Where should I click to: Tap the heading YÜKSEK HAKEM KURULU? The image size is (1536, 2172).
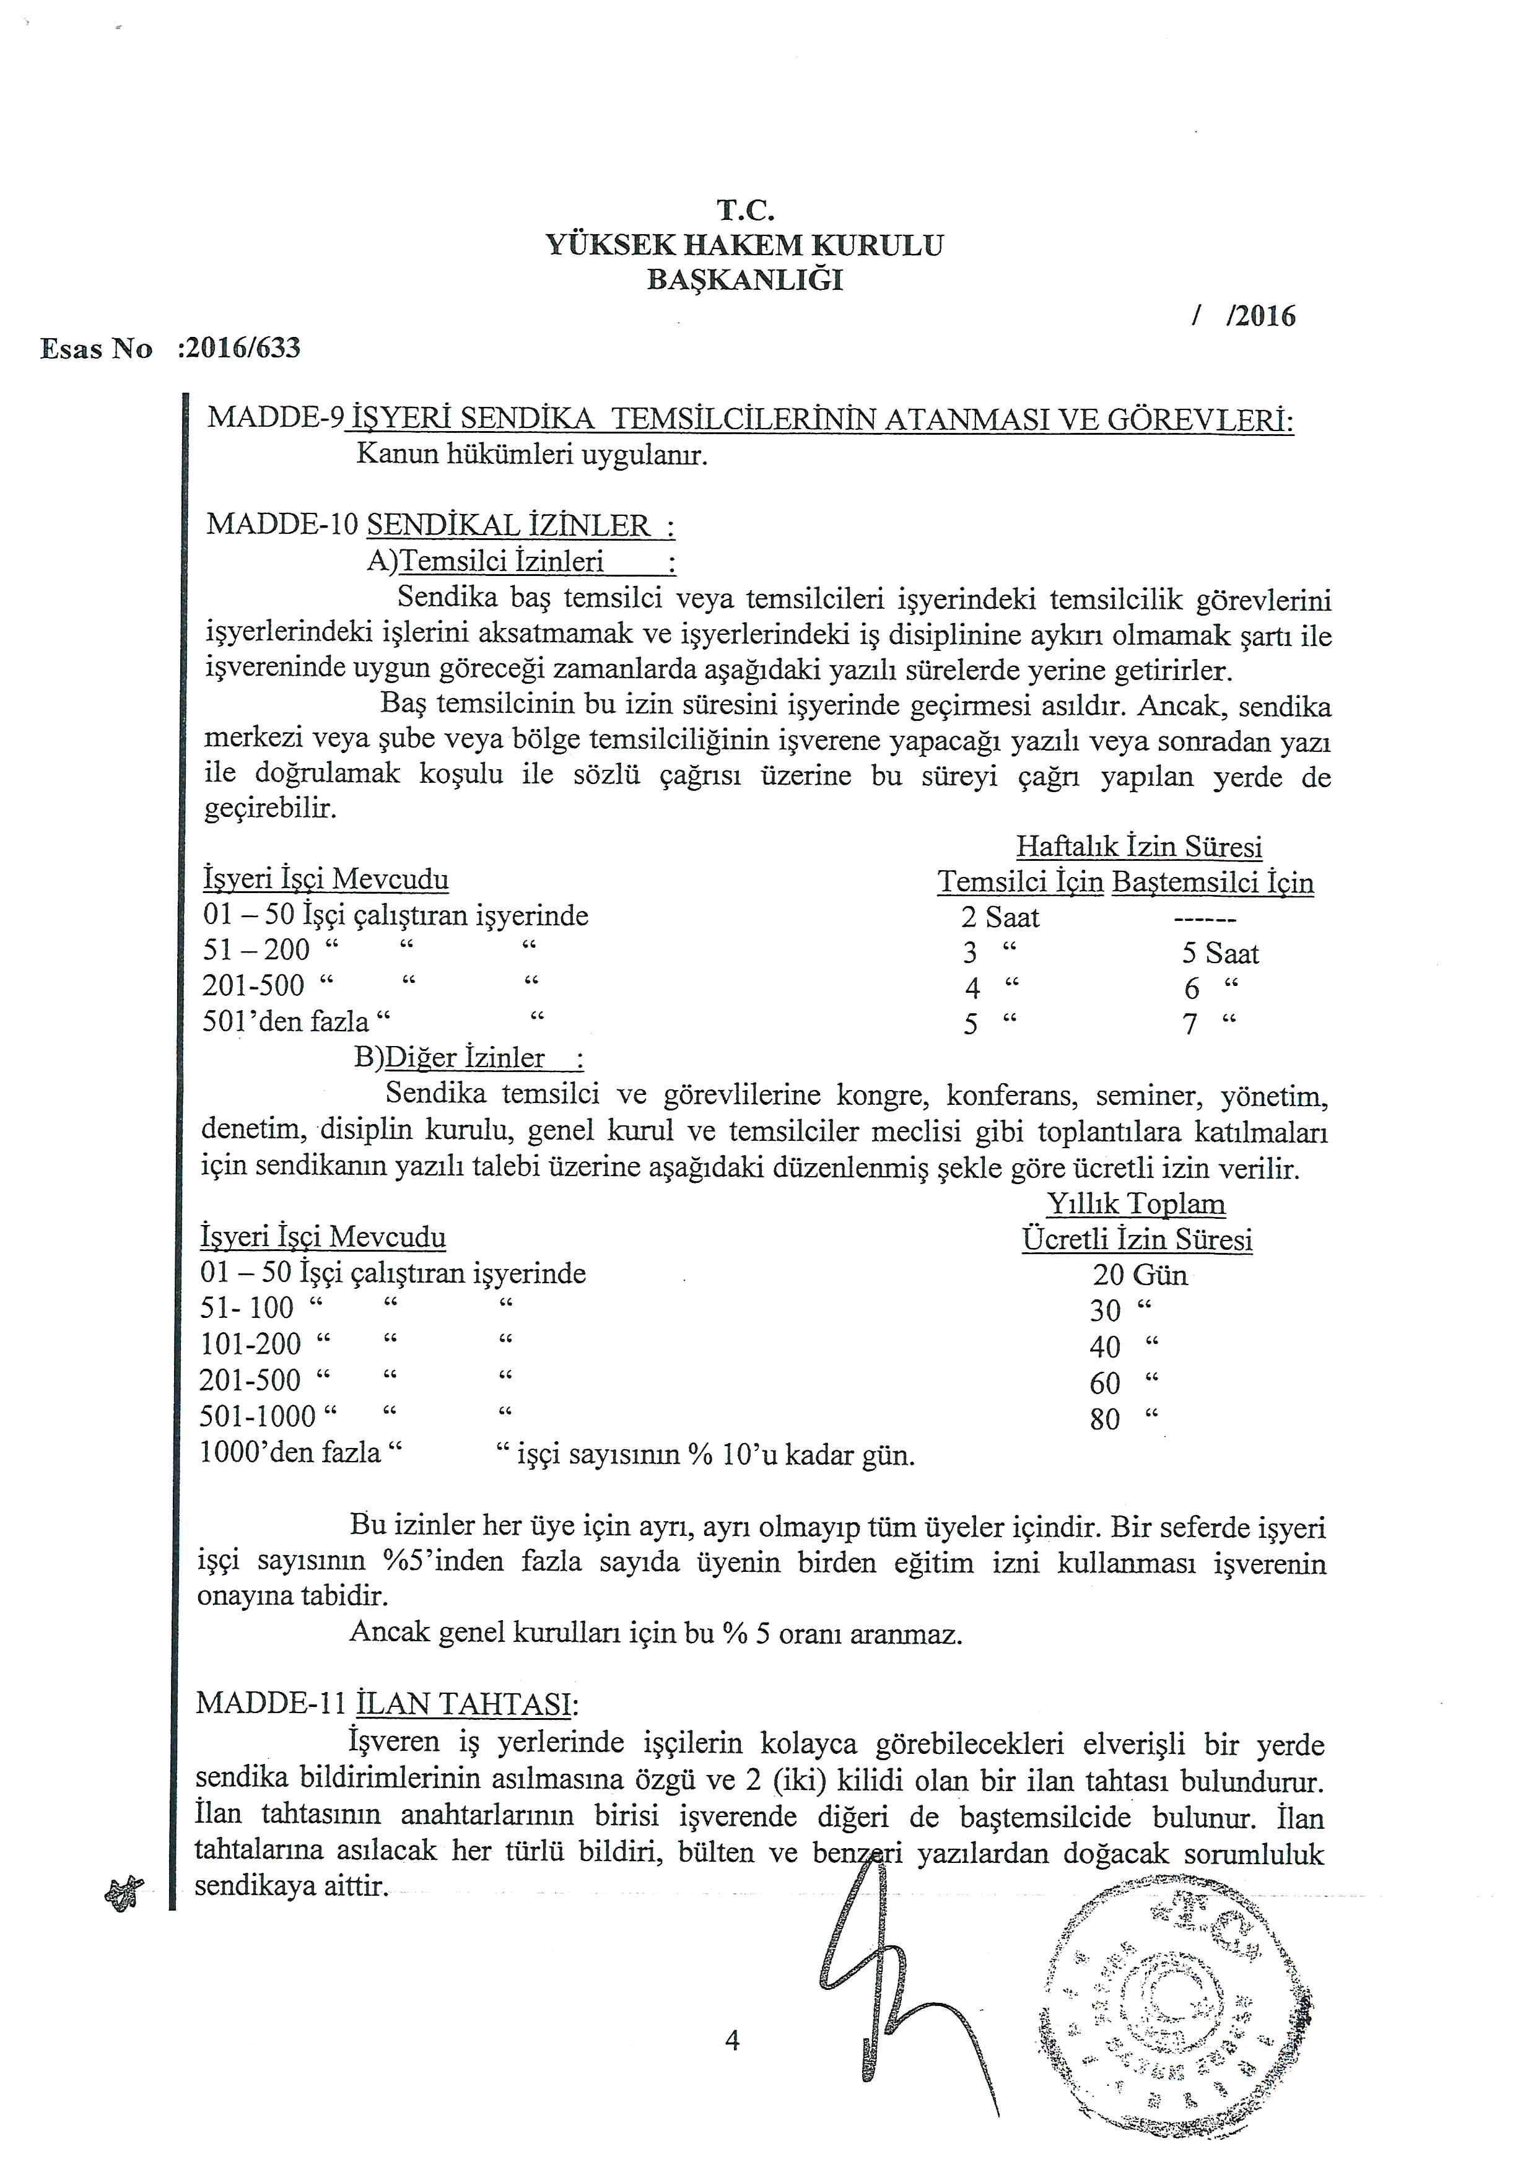pyautogui.click(x=744, y=245)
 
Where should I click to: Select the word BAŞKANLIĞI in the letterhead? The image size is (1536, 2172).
pyautogui.click(x=744, y=280)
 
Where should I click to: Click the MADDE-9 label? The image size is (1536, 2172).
pyautogui.click(x=275, y=417)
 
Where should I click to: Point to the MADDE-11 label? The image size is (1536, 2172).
pyautogui.click(x=273, y=1704)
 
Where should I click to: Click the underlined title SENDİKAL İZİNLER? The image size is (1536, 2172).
pyautogui.click(x=520, y=525)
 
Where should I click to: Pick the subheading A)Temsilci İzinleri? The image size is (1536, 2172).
pyautogui.click(x=520, y=561)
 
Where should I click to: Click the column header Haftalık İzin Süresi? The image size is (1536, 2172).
pyautogui.click(x=1139, y=846)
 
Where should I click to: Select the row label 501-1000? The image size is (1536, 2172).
pyautogui.click(x=257, y=1416)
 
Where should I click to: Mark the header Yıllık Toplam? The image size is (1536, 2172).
pyautogui.click(x=1136, y=1203)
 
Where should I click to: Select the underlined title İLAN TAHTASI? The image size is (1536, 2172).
pyautogui.click(x=465, y=1704)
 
